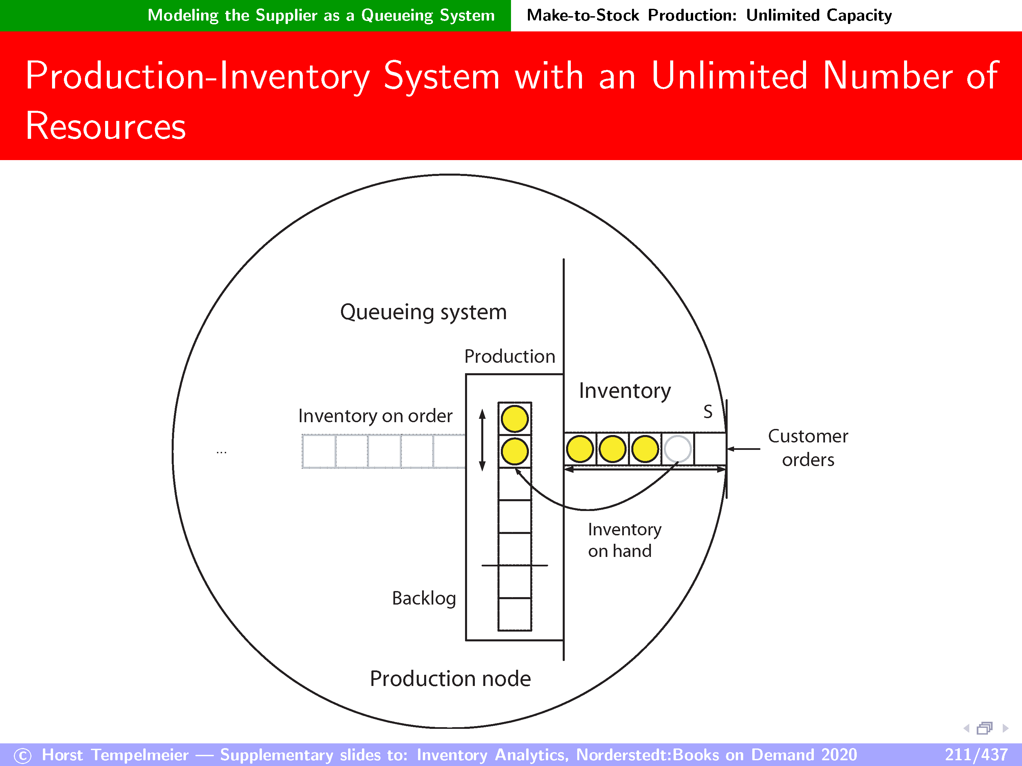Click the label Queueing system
coord(423,312)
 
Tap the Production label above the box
coord(510,356)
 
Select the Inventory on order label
coord(375,416)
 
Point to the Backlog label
coord(424,598)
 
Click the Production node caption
coord(451,679)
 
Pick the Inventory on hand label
coord(624,540)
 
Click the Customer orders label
coord(808,448)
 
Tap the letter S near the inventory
coord(708,411)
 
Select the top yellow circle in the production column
coord(515,419)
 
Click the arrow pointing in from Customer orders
coord(744,449)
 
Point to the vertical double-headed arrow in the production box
coord(482,440)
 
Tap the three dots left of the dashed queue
coord(221,453)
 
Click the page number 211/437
coord(976,755)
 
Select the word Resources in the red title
coord(106,126)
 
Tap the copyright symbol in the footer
coord(23,756)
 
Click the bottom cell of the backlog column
coord(515,615)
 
